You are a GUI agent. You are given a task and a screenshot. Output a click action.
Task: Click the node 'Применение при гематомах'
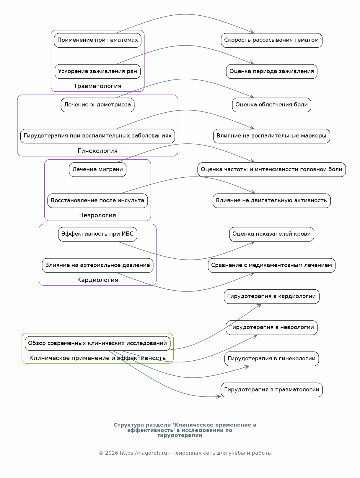click(97, 40)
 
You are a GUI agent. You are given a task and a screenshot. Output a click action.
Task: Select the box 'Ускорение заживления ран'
click(97, 72)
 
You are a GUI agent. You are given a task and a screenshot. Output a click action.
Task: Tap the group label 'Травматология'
click(97, 86)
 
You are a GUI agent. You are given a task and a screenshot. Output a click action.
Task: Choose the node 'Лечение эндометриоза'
click(97, 105)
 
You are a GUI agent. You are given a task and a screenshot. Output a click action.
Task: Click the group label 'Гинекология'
click(97, 151)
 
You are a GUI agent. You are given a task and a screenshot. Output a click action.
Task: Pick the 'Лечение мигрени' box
click(97, 170)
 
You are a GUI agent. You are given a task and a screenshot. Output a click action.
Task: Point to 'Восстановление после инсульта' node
click(97, 201)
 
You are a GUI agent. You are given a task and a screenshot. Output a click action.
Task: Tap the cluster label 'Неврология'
click(97, 215)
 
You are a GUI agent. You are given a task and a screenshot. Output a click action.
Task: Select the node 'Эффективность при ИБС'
click(97, 234)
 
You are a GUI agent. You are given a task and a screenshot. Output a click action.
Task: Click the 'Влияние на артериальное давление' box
click(97, 265)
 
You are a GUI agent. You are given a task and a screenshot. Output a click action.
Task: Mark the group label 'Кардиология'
click(97, 280)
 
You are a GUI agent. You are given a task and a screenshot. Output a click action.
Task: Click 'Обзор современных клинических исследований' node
click(97, 343)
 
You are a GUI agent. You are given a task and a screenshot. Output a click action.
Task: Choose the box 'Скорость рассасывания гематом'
click(271, 40)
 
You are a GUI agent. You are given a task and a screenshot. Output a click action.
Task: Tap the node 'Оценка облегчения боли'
click(271, 105)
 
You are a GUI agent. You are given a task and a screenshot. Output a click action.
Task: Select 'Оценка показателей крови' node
click(271, 234)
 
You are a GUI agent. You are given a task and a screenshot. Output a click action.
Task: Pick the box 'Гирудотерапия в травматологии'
click(271, 390)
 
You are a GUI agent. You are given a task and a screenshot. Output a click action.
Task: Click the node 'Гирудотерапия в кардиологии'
click(271, 296)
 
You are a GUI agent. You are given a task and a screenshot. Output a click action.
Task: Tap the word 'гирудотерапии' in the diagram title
click(180, 435)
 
